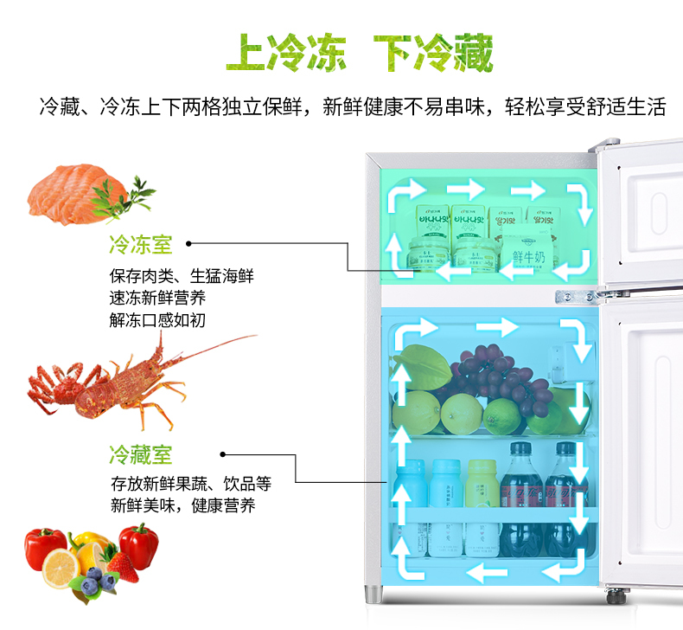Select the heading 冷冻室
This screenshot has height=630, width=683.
tap(140, 244)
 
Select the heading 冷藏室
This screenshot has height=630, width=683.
tap(140, 453)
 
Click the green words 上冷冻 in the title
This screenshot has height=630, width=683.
tap(285, 54)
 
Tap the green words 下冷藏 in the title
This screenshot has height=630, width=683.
tap(432, 54)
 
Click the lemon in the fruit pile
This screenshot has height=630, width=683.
tap(61, 567)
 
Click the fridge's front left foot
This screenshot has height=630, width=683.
tap(373, 595)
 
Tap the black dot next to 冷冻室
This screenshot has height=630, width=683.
tap(189, 244)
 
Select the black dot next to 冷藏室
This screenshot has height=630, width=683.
tap(223, 453)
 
